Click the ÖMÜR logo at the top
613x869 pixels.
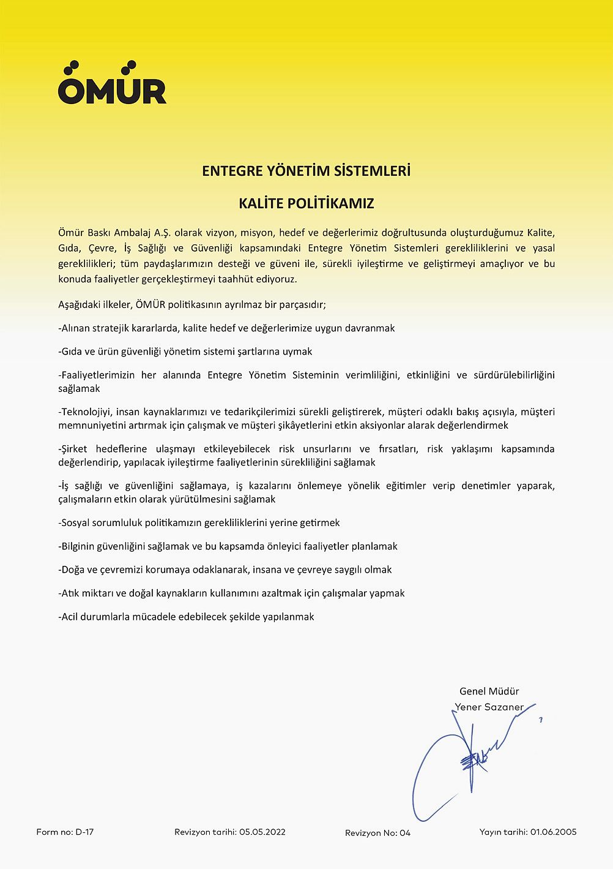click(x=112, y=83)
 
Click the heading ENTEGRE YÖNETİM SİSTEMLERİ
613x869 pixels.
click(x=306, y=171)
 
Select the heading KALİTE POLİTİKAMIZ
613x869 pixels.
click(x=306, y=204)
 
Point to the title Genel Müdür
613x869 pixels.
click(x=489, y=691)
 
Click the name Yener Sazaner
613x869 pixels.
click(x=489, y=707)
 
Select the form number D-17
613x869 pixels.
click(x=84, y=832)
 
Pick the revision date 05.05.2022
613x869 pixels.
click(x=262, y=832)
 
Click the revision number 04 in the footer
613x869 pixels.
click(x=404, y=833)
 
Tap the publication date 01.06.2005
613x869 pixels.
click(x=553, y=832)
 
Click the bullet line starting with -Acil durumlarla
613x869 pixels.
click(x=186, y=617)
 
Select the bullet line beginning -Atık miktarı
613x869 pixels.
click(x=231, y=593)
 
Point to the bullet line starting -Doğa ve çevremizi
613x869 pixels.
click(x=225, y=570)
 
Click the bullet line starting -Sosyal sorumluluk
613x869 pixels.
click(x=199, y=523)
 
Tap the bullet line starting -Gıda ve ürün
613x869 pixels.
click(x=185, y=352)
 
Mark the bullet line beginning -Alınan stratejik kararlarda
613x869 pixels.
click(x=226, y=328)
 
